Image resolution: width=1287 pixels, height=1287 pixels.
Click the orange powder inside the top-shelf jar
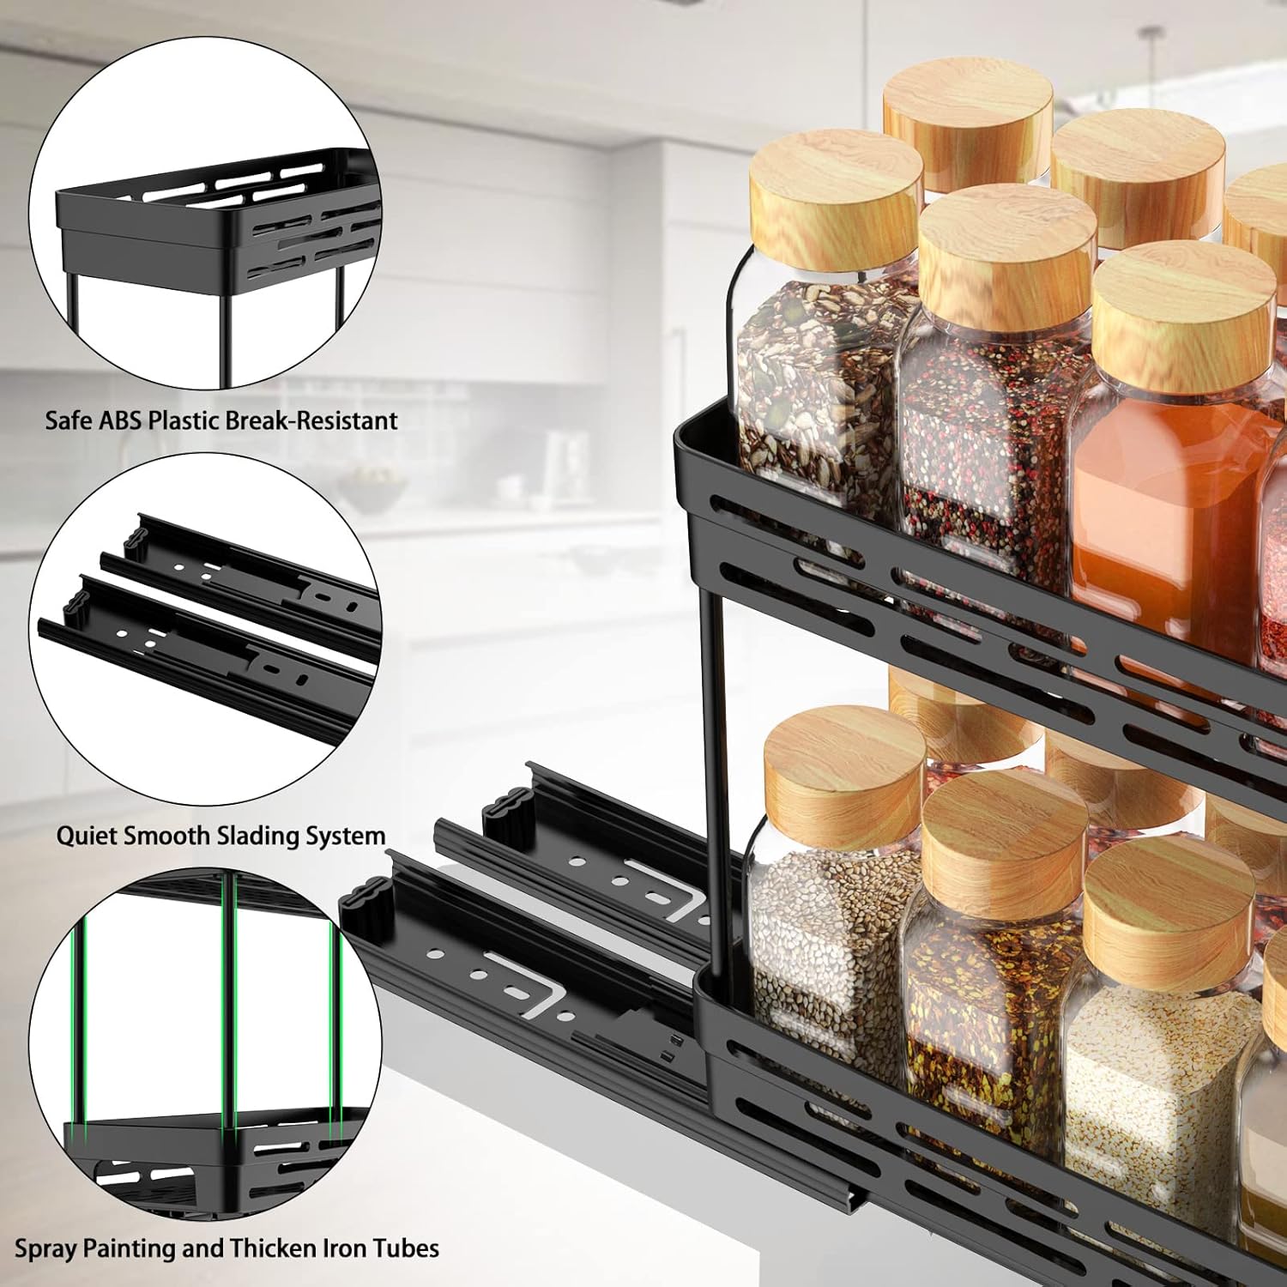(x=1158, y=506)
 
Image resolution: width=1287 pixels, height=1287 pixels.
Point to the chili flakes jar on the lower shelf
(x=987, y=995)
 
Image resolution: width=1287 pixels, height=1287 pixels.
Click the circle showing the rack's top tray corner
(x=206, y=214)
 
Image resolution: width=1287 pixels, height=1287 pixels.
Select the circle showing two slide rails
(x=206, y=626)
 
